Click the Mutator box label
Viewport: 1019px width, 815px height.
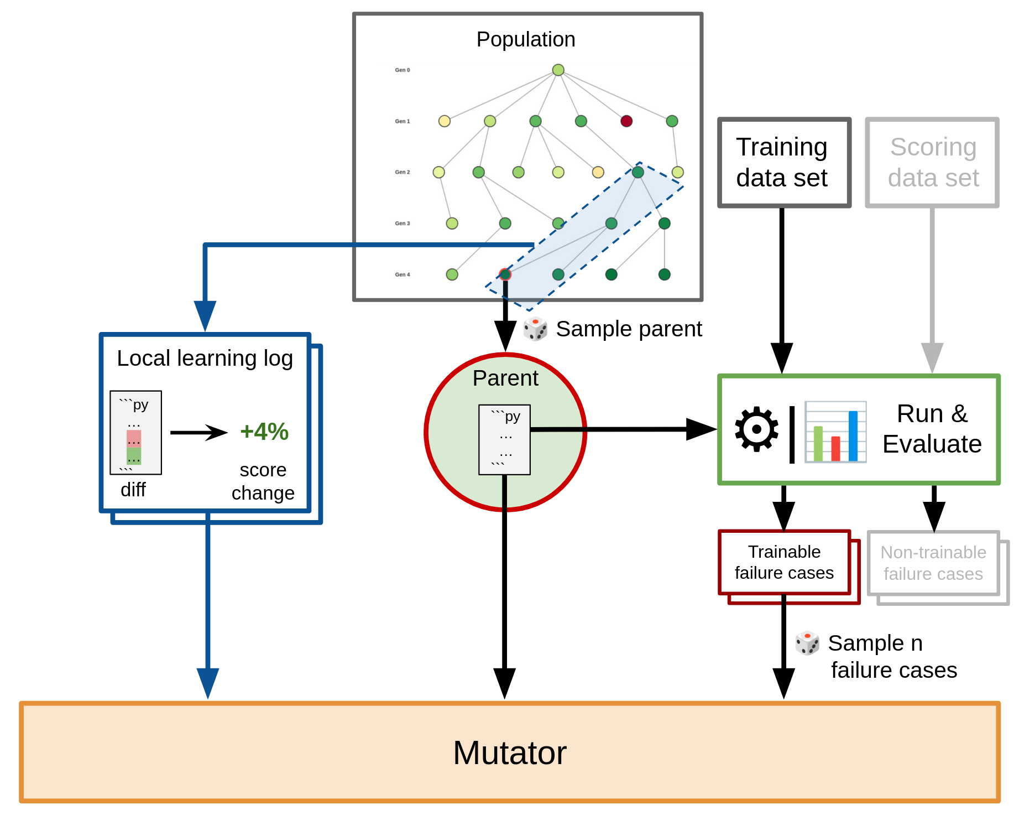(509, 752)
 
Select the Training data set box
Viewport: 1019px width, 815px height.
(783, 163)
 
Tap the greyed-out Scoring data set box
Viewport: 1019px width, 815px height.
(932, 163)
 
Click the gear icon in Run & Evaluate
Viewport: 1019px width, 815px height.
(756, 429)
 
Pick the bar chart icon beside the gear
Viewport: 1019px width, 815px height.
(835, 432)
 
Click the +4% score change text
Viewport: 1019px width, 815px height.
(264, 432)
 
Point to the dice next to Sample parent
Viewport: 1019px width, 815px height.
(535, 329)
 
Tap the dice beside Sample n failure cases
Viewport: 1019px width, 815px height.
(807, 643)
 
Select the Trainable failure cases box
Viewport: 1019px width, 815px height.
(783, 562)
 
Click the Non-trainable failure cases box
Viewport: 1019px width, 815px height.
(933, 563)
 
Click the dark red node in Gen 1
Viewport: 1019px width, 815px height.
(626, 121)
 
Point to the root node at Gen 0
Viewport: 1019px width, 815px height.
(558, 70)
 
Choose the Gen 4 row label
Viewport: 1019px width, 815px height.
(403, 274)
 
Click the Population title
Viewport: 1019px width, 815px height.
(525, 39)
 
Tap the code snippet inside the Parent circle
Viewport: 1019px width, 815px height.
(504, 439)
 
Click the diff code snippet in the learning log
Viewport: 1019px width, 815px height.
(135, 432)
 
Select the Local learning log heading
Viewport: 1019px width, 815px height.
(205, 358)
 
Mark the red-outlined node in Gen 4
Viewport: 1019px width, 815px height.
(504, 274)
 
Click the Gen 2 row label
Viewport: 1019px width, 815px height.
(403, 172)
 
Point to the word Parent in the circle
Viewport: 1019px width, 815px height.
(505, 378)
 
